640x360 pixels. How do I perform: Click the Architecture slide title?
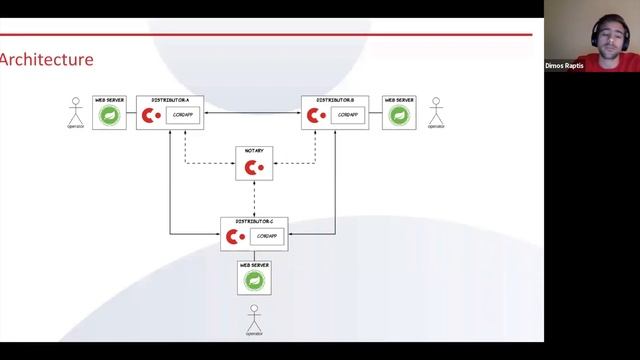pyautogui.click(x=47, y=60)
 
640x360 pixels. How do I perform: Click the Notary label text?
pyautogui.click(x=254, y=151)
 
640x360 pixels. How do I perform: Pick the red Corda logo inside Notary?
pyautogui.click(x=254, y=167)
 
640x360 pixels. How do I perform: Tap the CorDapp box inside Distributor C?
pyautogui.click(x=266, y=236)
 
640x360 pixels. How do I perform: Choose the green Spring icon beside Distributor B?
pyautogui.click(x=399, y=116)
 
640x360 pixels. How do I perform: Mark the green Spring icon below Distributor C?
pyautogui.click(x=254, y=281)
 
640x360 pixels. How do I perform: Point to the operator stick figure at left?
pyautogui.click(x=73, y=111)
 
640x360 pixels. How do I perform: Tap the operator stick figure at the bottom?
pyautogui.click(x=254, y=319)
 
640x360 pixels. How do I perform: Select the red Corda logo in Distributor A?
pyautogui.click(x=150, y=116)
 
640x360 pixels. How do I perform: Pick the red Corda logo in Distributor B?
pyautogui.click(x=316, y=116)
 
